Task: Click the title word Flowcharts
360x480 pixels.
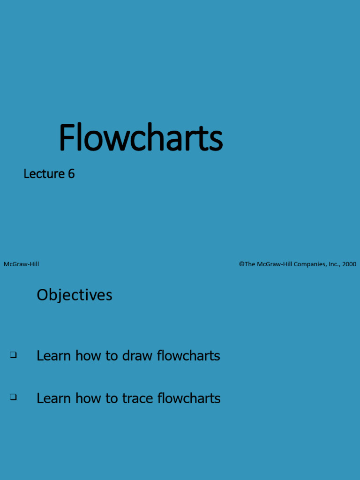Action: [x=141, y=137]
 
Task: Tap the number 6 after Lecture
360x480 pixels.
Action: [x=71, y=174]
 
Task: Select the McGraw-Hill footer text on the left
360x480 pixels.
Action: [x=22, y=264]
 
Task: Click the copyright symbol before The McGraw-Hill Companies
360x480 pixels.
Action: [x=241, y=264]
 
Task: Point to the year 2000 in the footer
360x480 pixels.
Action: [x=349, y=264]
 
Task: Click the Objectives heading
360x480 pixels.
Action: [x=75, y=295]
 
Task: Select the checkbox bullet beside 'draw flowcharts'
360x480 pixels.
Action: [x=13, y=355]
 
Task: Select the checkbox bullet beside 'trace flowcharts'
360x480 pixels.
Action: [x=13, y=397]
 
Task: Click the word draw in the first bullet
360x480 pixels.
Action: [x=137, y=356]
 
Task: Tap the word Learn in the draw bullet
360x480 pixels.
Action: [x=54, y=356]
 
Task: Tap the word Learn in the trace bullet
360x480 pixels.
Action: [x=54, y=398]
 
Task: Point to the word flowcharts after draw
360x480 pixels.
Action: [x=188, y=356]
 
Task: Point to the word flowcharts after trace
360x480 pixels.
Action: [x=189, y=398]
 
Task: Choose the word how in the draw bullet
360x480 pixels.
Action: [x=88, y=356]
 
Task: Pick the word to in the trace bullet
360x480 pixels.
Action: [x=112, y=398]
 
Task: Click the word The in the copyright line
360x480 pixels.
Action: [x=250, y=264]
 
